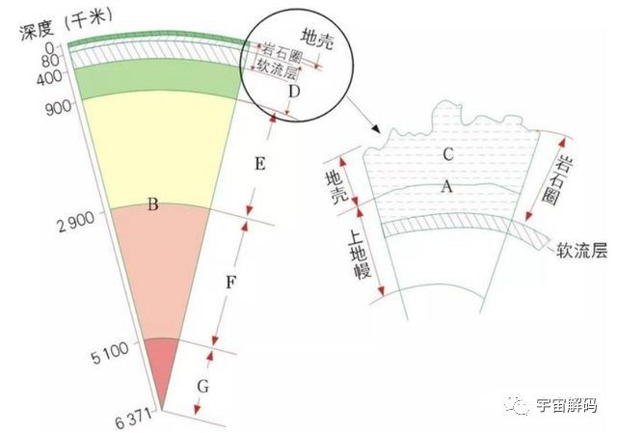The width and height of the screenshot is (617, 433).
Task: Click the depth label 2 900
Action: [x=76, y=221]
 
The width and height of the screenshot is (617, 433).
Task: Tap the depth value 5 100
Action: [x=110, y=353]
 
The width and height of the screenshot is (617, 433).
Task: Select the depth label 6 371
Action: [x=133, y=419]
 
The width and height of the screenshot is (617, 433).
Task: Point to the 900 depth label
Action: [x=59, y=107]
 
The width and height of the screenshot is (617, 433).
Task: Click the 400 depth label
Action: [x=49, y=77]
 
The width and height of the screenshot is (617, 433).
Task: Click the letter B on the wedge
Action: [x=152, y=204]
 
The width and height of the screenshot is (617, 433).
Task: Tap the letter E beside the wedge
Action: [x=259, y=163]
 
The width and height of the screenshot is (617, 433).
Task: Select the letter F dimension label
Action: [x=230, y=283]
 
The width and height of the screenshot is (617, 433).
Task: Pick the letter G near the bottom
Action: [x=202, y=387]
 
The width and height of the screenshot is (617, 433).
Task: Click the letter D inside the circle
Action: [x=294, y=92]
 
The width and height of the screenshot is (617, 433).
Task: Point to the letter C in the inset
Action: [x=447, y=154]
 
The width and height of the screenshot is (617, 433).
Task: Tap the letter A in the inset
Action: [x=446, y=186]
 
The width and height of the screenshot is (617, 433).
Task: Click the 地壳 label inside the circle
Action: [x=317, y=40]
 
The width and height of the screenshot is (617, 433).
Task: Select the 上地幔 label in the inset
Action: [x=359, y=254]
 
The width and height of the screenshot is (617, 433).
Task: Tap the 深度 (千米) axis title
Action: [x=67, y=24]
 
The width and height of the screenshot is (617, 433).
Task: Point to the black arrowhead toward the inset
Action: [x=377, y=129]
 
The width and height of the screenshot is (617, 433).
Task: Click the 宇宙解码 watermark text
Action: [x=567, y=405]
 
